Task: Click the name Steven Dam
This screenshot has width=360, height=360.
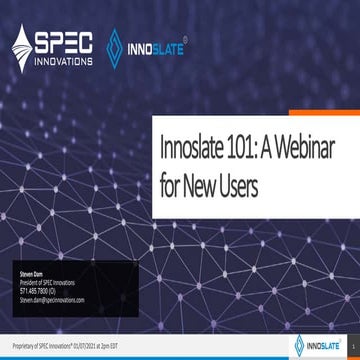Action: tap(33, 272)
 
